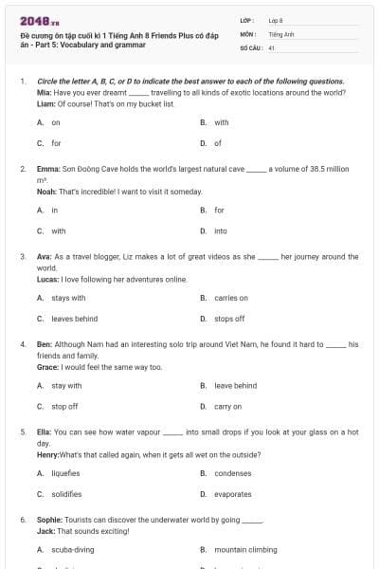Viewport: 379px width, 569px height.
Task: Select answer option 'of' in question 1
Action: pos(217,143)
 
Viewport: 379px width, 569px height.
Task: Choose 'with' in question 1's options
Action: pos(221,122)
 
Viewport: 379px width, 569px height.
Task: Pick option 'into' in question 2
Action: pos(220,230)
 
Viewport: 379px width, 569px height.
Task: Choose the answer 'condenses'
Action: pos(232,472)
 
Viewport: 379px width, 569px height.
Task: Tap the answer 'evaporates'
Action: pos(233,494)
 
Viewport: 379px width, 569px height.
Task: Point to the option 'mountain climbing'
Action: pos(245,549)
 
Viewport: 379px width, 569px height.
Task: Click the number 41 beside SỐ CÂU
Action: pos(272,46)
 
